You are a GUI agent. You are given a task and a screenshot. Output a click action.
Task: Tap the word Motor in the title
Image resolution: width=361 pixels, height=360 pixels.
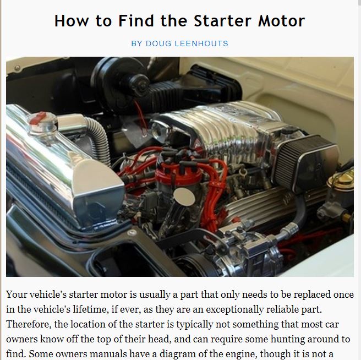(282, 21)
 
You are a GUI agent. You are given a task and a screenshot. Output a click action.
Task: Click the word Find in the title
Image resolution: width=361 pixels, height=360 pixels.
(136, 21)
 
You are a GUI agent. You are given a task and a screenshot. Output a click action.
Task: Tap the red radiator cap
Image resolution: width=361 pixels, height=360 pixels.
(38, 117)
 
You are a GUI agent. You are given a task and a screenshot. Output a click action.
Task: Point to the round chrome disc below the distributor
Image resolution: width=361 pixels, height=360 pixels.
(184, 197)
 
